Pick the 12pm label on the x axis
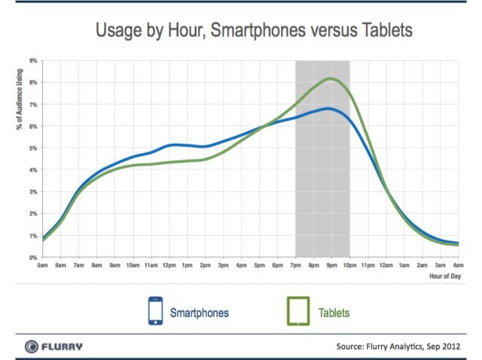169,266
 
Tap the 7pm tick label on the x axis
295,266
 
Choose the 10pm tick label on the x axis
349,266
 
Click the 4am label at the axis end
457,266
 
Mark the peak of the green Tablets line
330,78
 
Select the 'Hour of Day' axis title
446,276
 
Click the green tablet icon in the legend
297,310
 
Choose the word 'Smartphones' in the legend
199,311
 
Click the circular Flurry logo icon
32,346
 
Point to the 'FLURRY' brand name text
62,346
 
